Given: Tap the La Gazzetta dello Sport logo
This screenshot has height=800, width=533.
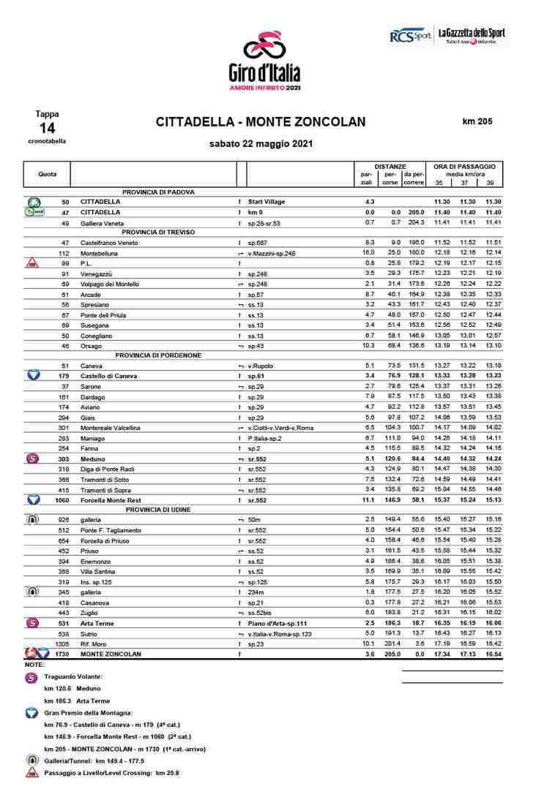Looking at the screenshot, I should [x=471, y=34].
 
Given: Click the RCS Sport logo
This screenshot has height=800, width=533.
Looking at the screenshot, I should [x=409, y=35].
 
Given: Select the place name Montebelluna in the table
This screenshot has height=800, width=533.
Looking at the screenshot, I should [x=102, y=253].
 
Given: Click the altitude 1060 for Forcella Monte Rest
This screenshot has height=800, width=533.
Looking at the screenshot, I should [x=61, y=499].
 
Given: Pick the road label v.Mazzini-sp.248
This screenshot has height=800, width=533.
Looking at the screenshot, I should [x=272, y=253].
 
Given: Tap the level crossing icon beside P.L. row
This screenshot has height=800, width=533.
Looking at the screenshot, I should [x=32, y=263].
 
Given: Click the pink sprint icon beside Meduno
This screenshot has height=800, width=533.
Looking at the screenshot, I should [x=32, y=459].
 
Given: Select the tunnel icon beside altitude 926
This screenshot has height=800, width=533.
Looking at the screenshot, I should [x=32, y=519].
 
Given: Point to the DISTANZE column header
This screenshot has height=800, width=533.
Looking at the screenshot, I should [x=390, y=167].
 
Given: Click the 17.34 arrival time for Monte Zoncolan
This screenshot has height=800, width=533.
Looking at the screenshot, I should [x=441, y=654].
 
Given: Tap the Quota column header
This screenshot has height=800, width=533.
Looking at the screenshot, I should [x=47, y=174].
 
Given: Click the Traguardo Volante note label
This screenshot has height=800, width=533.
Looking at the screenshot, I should [x=73, y=677].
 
